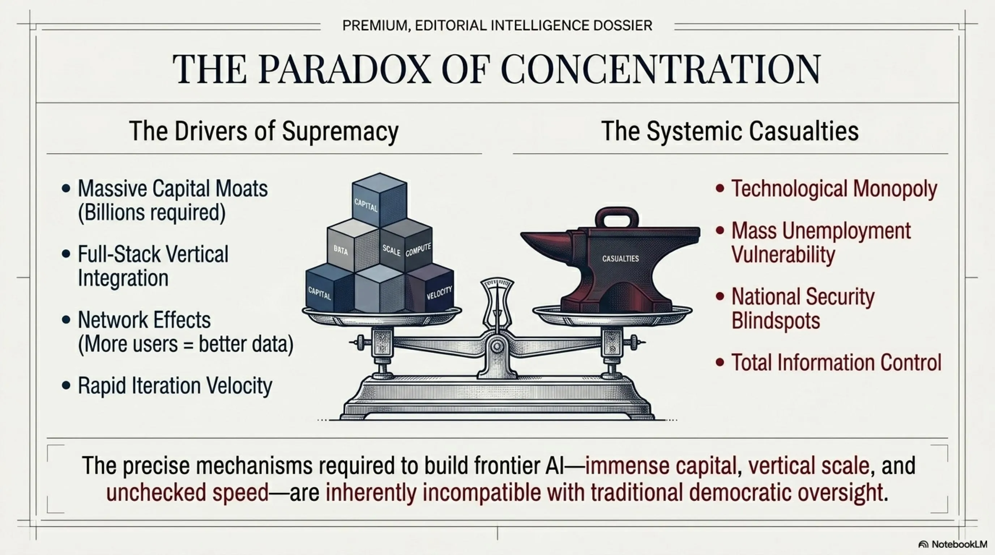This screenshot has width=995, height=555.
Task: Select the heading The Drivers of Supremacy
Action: click(x=264, y=131)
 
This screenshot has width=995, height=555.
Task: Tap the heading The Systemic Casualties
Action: click(x=730, y=131)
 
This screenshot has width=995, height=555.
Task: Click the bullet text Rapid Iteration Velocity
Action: click(x=175, y=386)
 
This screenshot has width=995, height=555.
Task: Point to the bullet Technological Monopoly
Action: click(x=834, y=189)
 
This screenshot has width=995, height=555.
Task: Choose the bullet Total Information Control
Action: click(x=836, y=362)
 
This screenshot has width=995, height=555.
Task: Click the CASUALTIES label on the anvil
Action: click(x=620, y=259)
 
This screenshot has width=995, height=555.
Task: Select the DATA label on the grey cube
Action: click(x=341, y=250)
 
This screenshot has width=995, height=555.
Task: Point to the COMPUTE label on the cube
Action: click(x=418, y=250)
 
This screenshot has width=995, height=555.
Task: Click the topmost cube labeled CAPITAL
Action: click(x=379, y=200)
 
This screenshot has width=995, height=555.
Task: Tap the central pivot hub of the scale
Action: click(x=497, y=346)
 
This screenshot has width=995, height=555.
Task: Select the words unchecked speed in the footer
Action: click(x=188, y=492)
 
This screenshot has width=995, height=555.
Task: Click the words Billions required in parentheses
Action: click(x=152, y=212)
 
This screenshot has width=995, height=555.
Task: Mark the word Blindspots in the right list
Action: click(x=776, y=320)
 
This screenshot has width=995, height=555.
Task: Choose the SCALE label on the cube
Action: click(x=391, y=250)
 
